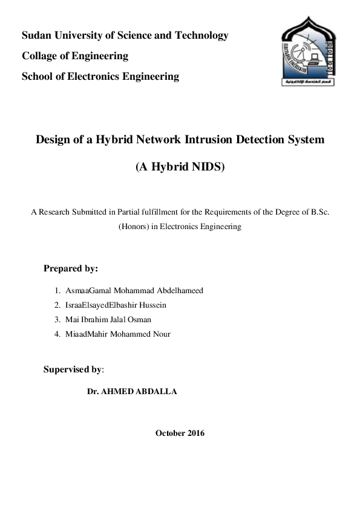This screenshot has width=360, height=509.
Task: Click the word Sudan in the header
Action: (36, 36)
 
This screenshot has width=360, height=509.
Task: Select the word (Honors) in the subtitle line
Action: (134, 227)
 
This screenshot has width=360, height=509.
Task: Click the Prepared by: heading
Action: (71, 268)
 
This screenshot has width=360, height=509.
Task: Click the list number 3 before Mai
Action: (56, 320)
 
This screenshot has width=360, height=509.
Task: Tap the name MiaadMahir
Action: (88, 334)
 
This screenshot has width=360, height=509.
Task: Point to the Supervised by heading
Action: (73, 369)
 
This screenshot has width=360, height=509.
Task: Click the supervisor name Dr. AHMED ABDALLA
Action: (132, 392)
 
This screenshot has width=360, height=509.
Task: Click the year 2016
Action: (196, 433)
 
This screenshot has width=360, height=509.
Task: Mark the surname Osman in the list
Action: (139, 320)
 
